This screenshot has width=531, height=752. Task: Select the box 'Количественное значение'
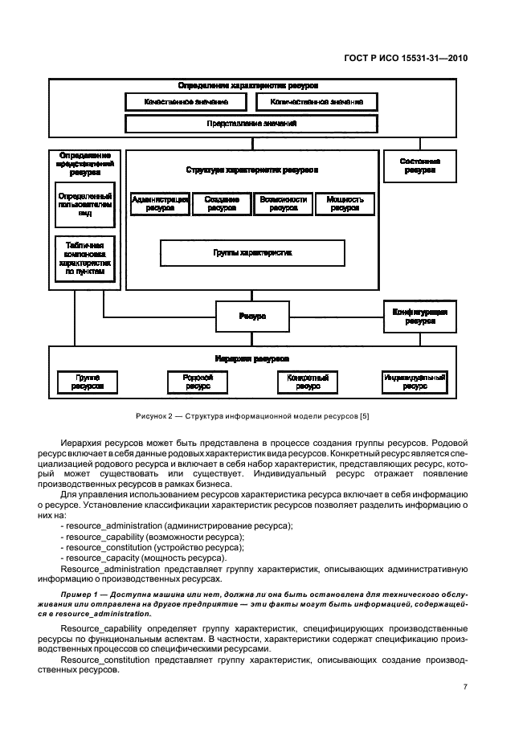(317, 102)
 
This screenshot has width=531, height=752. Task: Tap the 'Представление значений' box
(251, 124)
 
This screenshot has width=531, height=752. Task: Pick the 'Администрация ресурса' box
(160, 203)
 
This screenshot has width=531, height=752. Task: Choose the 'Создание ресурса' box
(221, 203)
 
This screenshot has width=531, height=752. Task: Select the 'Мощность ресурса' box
(345, 203)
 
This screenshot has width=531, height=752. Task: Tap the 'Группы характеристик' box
(252, 252)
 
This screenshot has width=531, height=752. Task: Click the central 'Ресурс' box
(252, 317)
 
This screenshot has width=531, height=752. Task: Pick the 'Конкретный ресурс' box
(308, 381)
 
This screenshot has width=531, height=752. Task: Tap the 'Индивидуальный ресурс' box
(415, 381)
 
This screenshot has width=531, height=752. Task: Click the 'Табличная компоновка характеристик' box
(84, 258)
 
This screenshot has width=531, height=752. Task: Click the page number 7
(465, 686)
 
